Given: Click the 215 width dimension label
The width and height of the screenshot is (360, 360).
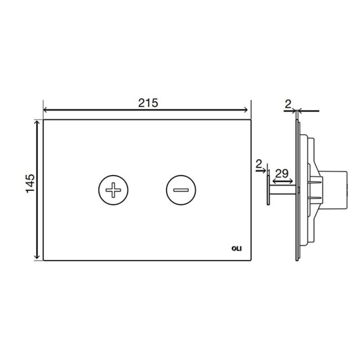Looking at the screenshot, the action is pyautogui.click(x=148, y=103).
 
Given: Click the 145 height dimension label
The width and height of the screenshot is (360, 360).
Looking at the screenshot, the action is pyautogui.click(x=30, y=184).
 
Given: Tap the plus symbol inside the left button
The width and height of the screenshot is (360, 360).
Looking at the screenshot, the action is pyautogui.click(x=113, y=190).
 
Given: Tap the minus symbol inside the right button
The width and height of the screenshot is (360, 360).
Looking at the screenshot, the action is pyautogui.click(x=181, y=190).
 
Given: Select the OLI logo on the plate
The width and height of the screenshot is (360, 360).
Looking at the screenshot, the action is pyautogui.click(x=237, y=249).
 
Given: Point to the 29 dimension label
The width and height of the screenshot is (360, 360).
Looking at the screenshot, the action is pyautogui.click(x=282, y=174).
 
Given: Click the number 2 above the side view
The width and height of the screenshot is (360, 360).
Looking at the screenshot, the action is pyautogui.click(x=288, y=105).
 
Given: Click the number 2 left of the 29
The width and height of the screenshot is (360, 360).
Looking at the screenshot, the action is pyautogui.click(x=259, y=164).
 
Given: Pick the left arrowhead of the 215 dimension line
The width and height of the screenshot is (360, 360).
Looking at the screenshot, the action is pyautogui.click(x=45, y=110).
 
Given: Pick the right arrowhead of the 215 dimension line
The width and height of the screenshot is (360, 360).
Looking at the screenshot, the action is pyautogui.click(x=246, y=110).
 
